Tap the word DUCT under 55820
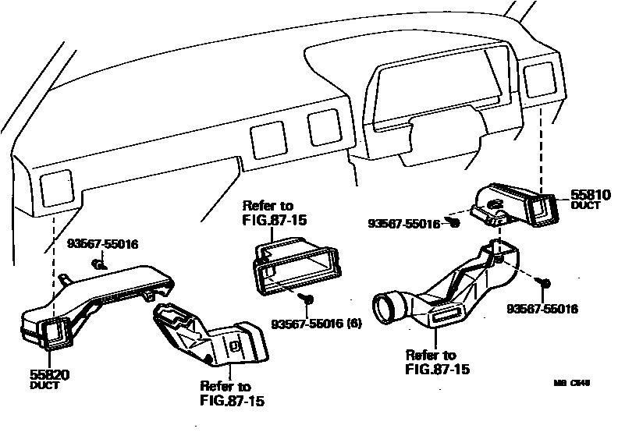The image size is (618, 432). [44, 385]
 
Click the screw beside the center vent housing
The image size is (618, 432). [308, 298]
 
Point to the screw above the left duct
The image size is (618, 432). [97, 266]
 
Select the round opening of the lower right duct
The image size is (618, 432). [388, 306]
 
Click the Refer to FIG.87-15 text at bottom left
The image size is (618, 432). [226, 395]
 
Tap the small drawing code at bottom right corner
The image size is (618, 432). [572, 384]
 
